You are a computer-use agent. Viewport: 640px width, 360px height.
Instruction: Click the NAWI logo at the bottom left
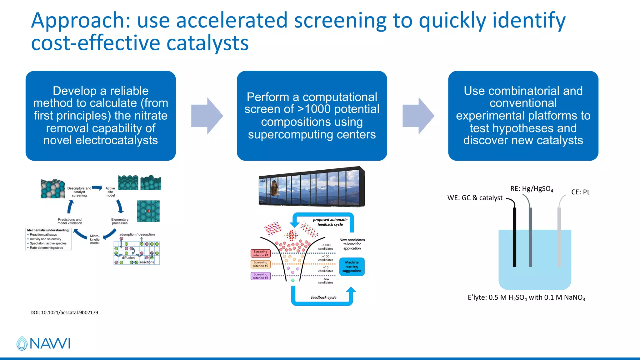[43, 343]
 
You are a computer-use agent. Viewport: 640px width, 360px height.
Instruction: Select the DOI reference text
[64, 312]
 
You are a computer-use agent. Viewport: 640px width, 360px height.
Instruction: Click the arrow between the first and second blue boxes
[207, 116]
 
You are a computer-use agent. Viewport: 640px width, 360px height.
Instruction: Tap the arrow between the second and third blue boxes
[418, 116]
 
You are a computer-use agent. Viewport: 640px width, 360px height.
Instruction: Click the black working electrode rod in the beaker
[514, 237]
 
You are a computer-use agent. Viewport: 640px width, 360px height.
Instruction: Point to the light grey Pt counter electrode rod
[559, 237]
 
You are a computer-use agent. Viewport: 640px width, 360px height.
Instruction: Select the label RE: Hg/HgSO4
[532, 189]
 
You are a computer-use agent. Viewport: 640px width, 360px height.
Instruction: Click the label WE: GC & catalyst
[475, 198]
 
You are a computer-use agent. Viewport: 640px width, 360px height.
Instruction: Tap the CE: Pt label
[580, 192]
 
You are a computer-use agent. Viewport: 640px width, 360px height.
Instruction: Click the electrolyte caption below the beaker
[526, 297]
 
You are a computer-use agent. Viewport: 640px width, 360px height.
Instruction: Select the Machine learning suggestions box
[352, 267]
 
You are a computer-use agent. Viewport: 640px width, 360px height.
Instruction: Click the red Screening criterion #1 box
[260, 253]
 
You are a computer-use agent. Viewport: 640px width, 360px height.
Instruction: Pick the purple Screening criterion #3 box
[260, 276]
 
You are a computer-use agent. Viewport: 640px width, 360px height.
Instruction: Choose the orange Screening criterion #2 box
[260, 264]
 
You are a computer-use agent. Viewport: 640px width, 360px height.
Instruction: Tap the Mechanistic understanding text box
[48, 239]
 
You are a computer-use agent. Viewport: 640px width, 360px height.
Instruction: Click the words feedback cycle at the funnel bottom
[323, 297]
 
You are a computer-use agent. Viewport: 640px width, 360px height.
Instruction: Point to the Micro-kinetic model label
[95, 239]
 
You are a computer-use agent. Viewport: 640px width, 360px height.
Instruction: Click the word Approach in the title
[80, 21]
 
